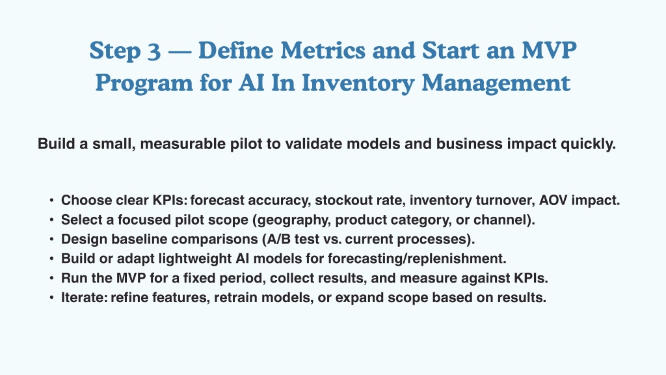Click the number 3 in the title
[154, 51]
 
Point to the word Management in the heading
[496, 83]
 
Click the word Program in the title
[144, 83]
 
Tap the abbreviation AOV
[553, 201]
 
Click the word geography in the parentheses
[293, 220]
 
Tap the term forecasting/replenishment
[417, 258]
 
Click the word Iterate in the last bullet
[84, 298]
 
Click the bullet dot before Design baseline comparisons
[51, 240]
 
